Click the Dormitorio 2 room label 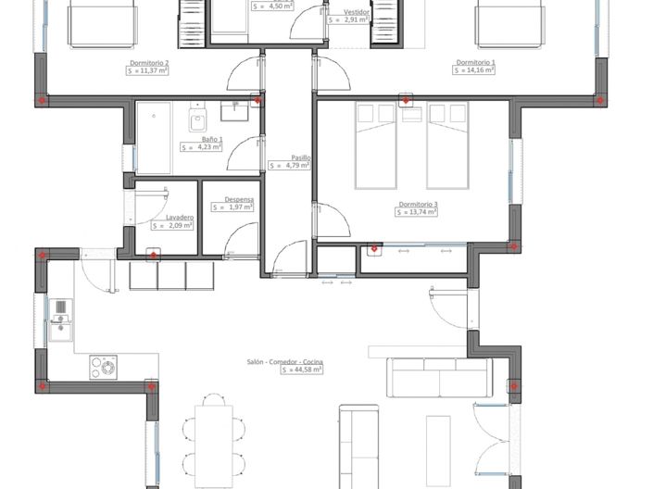tap(148, 63)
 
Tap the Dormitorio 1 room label tap(475, 63)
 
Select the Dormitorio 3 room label tap(418, 204)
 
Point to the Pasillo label tap(300, 157)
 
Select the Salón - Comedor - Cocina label tap(283, 361)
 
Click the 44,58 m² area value tap(301, 370)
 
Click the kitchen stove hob tap(104, 368)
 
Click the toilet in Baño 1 tap(196, 121)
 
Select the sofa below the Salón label tap(439, 376)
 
